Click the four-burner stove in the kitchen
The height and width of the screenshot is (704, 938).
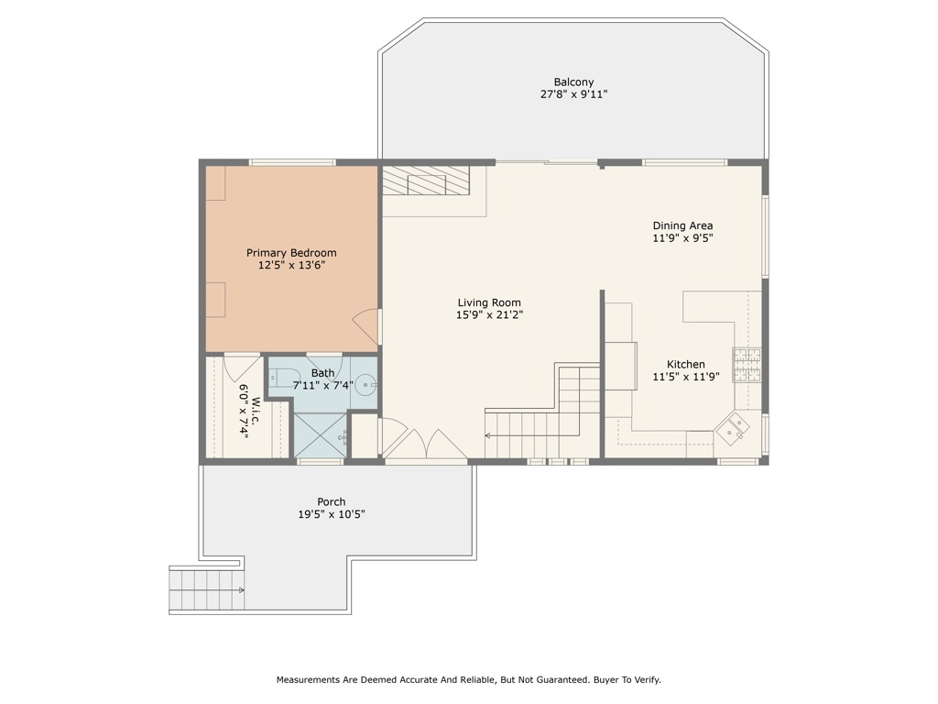click(746, 363)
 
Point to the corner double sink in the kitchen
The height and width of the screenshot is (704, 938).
click(732, 428)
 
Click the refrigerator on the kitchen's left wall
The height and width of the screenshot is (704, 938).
click(620, 365)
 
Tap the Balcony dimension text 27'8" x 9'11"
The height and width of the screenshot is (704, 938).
click(573, 94)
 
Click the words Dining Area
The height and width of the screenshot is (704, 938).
click(682, 225)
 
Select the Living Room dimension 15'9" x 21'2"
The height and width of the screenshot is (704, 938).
click(489, 315)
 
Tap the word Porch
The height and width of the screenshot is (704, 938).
click(331, 501)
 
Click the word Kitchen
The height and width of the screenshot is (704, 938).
click(685, 364)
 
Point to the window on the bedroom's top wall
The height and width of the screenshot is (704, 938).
click(292, 163)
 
